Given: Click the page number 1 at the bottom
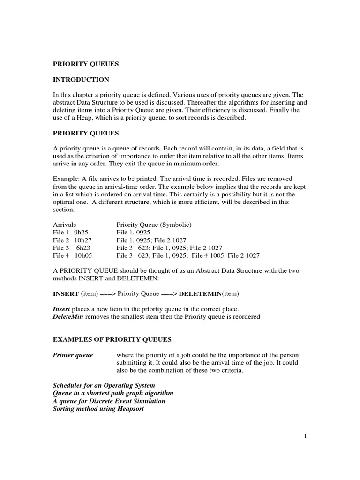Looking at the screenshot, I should pos(305,437).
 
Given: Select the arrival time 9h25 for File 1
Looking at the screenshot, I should pos(81,232).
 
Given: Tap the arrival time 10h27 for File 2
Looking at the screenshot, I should pos(83,240).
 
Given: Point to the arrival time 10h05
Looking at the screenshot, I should pos(83,255).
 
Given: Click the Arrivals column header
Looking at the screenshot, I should pos(64,225).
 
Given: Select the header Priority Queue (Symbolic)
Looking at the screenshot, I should pos(154,225).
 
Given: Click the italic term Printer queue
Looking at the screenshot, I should pos(73,355).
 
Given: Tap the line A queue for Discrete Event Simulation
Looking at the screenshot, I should pos(109,401).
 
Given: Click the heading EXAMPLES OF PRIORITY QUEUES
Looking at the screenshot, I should pos(112,339).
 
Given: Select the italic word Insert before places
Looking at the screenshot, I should pos(61,309).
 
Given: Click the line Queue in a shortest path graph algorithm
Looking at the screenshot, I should pos(113,393).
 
